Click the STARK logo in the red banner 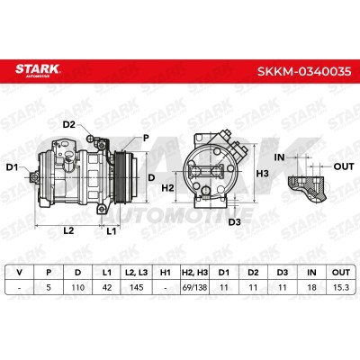[38, 70]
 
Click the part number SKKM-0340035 [304, 71]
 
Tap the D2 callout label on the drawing [68, 124]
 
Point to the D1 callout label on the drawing [13, 167]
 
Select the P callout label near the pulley [146, 138]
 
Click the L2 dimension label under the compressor [68, 230]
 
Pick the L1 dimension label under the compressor [112, 231]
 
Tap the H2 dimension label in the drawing [167, 188]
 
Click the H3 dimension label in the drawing [263, 174]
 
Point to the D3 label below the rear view [235, 222]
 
